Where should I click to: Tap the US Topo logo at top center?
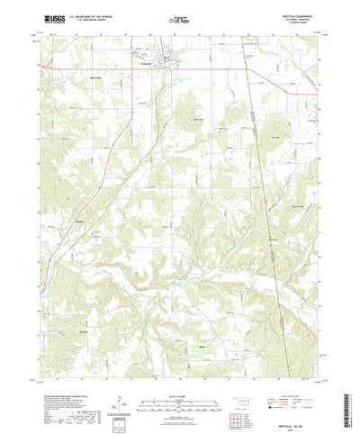pos(179,17)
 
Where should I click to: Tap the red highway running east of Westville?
pos(261,72)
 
